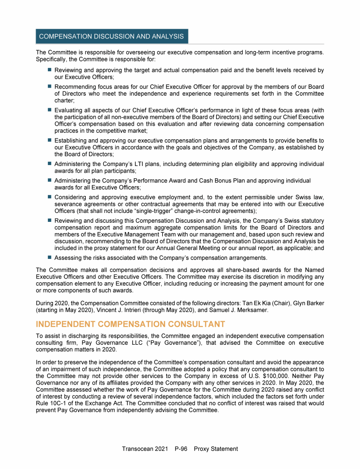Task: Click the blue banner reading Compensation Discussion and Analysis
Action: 112,36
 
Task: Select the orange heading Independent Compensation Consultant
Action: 130,324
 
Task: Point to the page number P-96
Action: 180,449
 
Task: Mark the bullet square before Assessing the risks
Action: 48,257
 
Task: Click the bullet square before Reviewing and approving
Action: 48,70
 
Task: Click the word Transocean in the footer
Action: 138,449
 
